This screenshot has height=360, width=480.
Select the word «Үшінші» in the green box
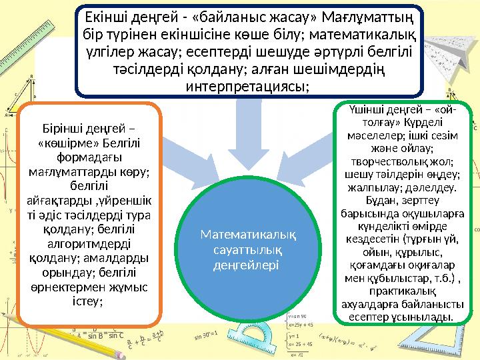coord(370,109)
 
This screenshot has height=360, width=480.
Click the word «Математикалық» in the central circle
coord(249,235)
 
